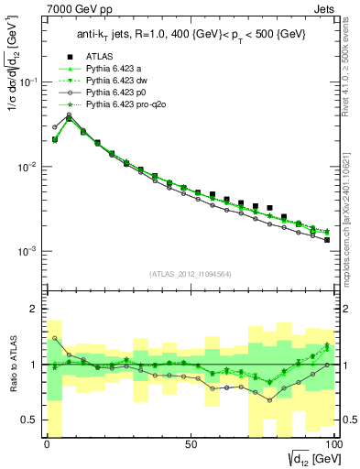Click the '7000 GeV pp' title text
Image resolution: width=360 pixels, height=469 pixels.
[75, 8]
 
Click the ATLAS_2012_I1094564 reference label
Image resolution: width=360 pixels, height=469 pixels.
[188, 273]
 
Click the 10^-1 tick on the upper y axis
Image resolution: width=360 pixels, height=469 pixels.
[29, 82]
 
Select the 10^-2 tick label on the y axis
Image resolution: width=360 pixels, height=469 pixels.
[29, 167]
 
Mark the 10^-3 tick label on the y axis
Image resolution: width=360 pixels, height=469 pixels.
[29, 251]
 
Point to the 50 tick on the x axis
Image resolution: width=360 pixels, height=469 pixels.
[191, 444]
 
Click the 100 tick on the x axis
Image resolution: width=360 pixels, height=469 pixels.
[333, 444]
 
